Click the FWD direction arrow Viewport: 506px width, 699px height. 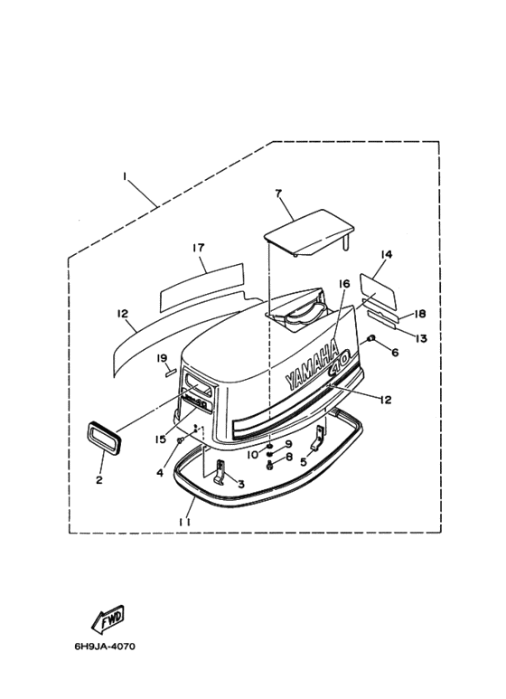coord(108,619)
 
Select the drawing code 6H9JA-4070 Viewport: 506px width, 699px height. coord(105,647)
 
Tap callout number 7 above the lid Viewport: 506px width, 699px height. coord(278,194)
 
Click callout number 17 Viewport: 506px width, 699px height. coord(198,248)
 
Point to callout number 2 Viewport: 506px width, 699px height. coord(99,480)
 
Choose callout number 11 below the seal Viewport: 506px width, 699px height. coord(185,522)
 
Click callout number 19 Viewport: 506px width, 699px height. coord(161,358)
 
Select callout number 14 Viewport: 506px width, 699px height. coord(386,254)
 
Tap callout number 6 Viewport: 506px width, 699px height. coord(395,352)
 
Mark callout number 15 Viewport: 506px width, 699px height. coord(160,439)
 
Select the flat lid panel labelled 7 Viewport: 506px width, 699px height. coord(310,232)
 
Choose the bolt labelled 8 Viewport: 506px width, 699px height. coord(270,466)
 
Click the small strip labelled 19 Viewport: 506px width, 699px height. coord(171,373)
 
